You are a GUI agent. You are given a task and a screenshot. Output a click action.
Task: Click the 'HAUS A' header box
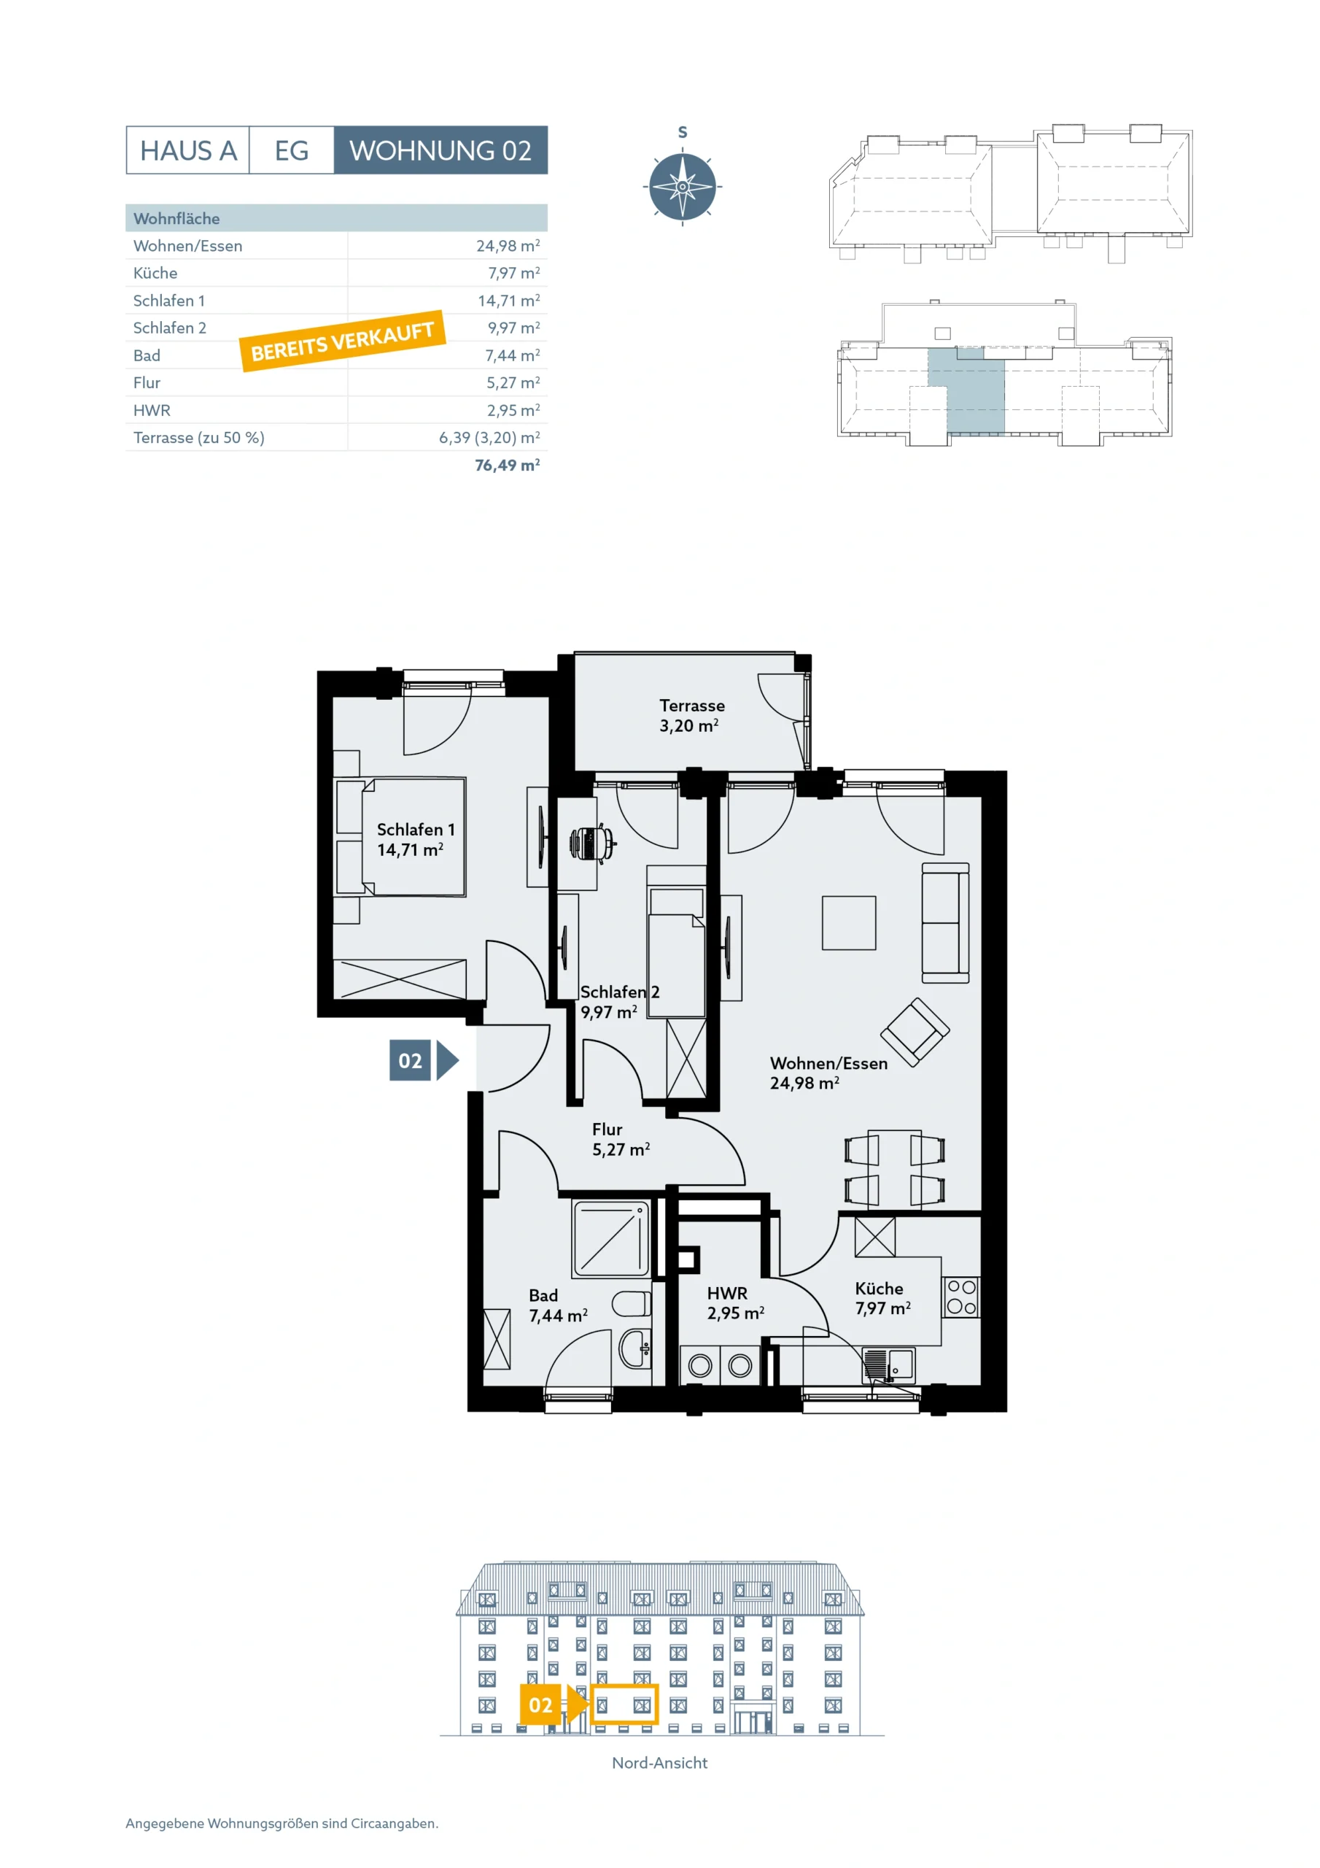pyautogui.click(x=187, y=150)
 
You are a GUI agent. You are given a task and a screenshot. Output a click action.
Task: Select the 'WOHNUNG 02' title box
pyautogui.click(x=440, y=150)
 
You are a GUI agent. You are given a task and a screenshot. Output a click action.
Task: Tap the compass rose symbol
pyautogui.click(x=683, y=186)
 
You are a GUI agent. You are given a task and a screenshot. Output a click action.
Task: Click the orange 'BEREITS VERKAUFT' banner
pyautogui.click(x=343, y=341)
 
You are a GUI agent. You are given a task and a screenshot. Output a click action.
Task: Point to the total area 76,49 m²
pyautogui.click(x=508, y=466)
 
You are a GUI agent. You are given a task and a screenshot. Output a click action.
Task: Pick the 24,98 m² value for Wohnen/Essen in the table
pyautogui.click(x=508, y=246)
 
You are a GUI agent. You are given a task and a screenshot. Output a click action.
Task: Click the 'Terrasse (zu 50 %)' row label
pyautogui.click(x=199, y=438)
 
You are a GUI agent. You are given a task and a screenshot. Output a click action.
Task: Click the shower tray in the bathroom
pyautogui.click(x=612, y=1239)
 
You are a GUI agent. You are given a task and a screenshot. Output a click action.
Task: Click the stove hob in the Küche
pyautogui.click(x=961, y=1297)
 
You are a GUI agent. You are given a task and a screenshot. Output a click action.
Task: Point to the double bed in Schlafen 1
pyautogui.click(x=401, y=836)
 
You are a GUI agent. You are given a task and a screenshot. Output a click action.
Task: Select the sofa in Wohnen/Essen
pyautogui.click(x=945, y=924)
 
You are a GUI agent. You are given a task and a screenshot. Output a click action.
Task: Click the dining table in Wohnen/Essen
pyautogui.click(x=895, y=1168)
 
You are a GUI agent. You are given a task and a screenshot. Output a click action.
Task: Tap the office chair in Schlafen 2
pyautogui.click(x=592, y=844)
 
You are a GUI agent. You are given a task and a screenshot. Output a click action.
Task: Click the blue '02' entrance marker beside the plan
pyautogui.click(x=411, y=1060)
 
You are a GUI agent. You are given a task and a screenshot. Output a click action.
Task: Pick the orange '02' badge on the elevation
pyautogui.click(x=541, y=1705)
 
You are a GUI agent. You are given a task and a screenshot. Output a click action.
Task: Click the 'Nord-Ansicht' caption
pyautogui.click(x=659, y=1762)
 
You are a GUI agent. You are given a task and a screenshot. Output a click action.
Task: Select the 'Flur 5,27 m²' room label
pyautogui.click(x=621, y=1139)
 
